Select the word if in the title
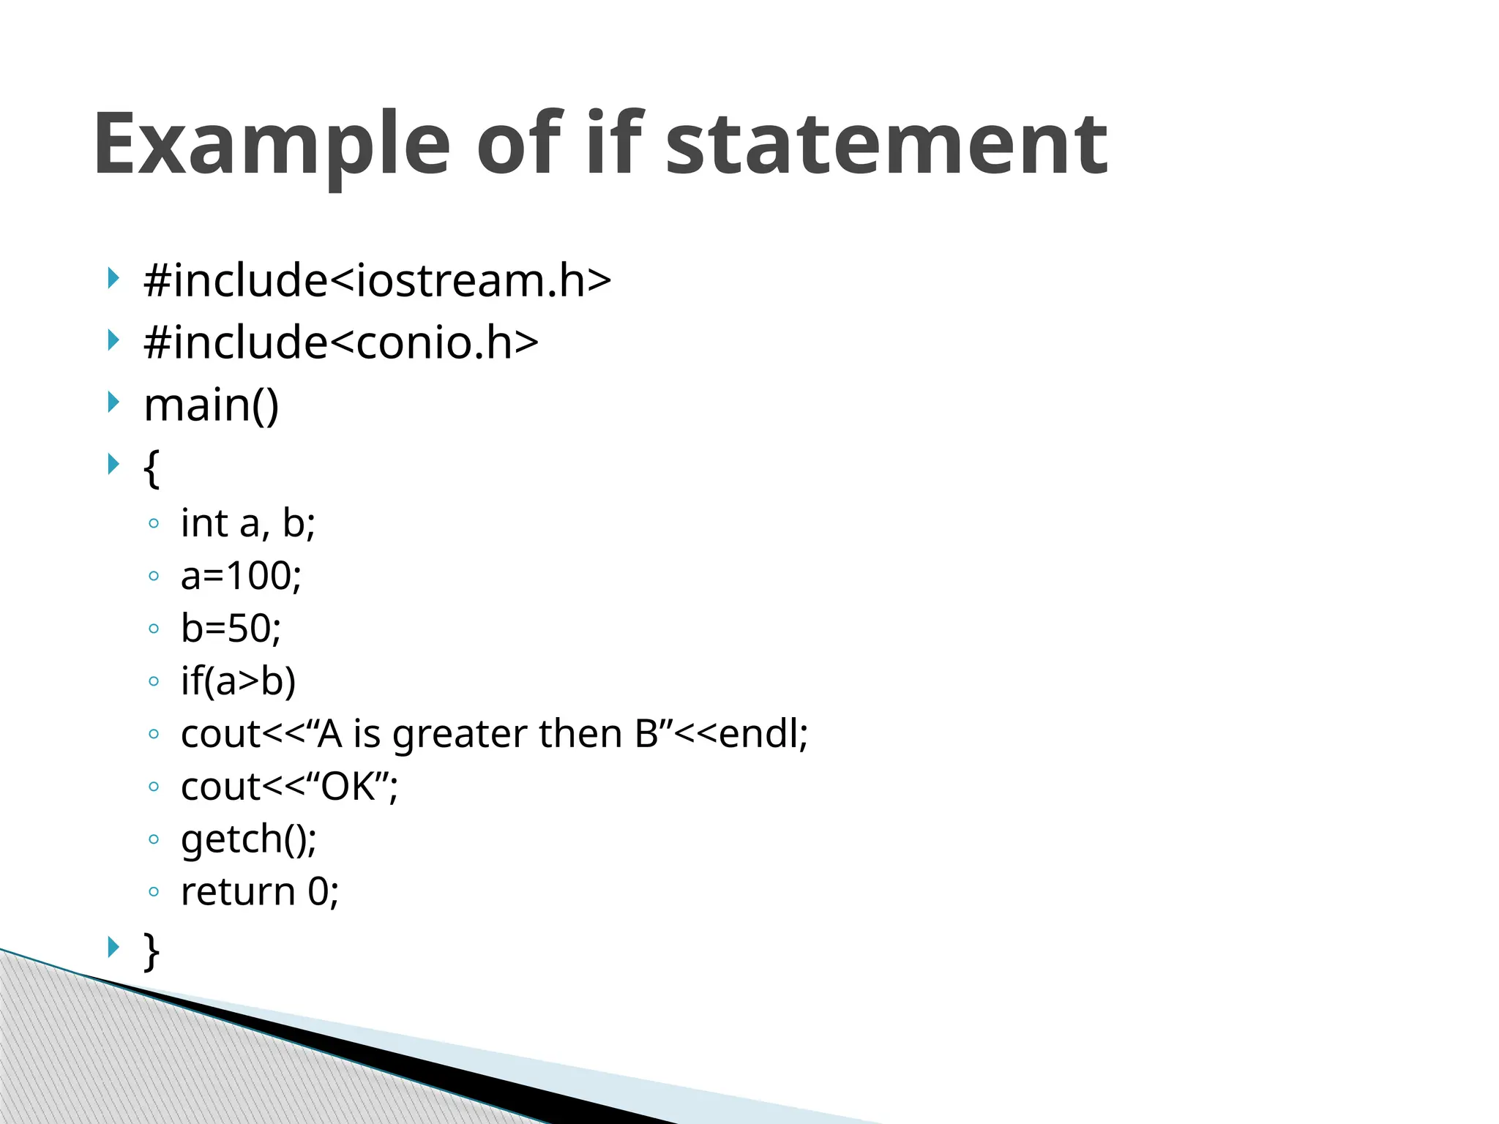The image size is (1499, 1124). point(615,143)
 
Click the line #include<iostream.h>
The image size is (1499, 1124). point(377,280)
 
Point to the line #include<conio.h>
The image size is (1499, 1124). point(341,342)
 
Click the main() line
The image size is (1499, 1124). point(212,405)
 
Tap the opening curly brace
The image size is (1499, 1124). point(152,468)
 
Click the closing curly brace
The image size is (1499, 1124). point(152,951)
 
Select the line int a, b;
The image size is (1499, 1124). point(247,523)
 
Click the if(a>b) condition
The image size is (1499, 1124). point(238,681)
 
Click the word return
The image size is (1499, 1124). point(238,892)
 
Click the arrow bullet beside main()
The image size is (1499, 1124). point(113,402)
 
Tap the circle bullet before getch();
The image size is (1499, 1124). point(153,839)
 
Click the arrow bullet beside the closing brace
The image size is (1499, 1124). point(113,948)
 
